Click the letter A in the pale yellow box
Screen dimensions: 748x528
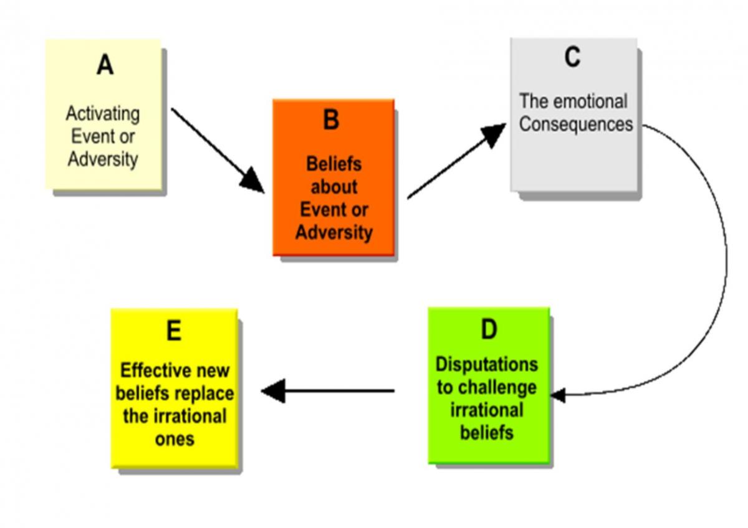105,65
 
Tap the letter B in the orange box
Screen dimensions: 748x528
331,120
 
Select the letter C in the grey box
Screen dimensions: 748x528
572,57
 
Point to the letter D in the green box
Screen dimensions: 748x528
489,329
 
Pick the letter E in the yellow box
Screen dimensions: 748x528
174,330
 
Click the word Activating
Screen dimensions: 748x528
103,115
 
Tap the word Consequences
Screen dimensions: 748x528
576,124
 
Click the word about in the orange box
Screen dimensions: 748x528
334,187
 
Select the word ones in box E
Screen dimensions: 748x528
175,440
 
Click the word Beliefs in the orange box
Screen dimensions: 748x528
334,164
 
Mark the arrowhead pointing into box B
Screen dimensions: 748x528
254,182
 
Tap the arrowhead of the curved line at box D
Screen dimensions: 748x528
558,395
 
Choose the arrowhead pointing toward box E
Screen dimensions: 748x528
273,390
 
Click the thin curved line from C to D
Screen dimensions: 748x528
726,260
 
